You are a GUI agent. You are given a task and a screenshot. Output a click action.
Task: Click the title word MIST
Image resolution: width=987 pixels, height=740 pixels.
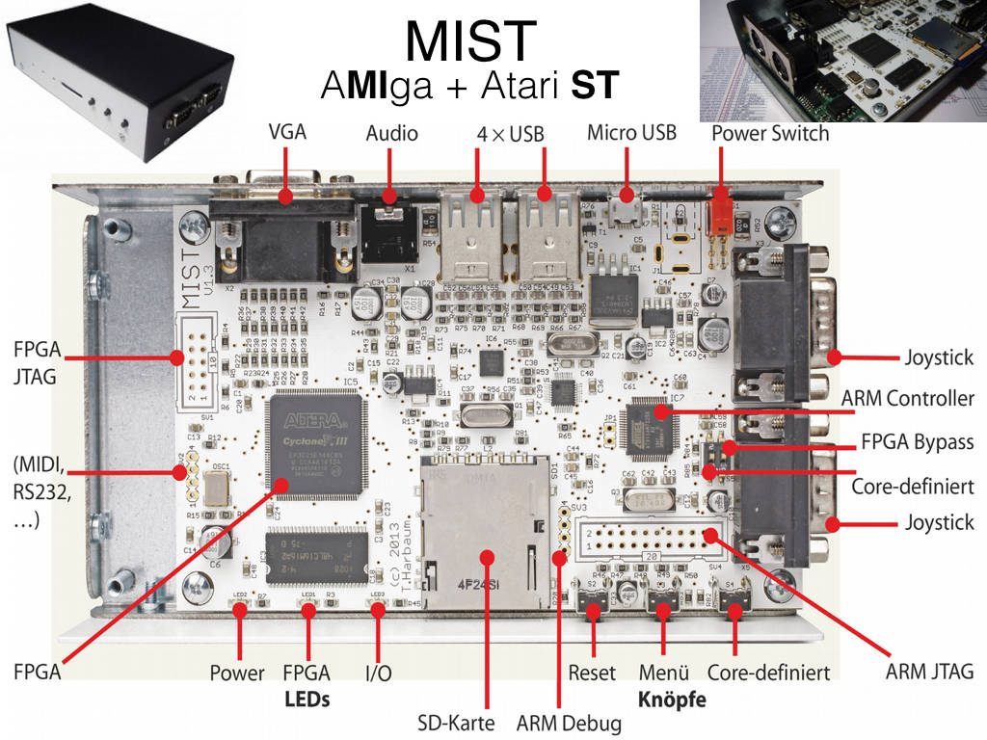tap(470, 40)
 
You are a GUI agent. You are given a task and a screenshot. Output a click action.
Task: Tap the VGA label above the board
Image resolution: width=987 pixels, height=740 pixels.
tap(287, 133)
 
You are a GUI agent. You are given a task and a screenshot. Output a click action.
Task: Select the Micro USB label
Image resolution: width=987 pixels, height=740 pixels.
tap(631, 132)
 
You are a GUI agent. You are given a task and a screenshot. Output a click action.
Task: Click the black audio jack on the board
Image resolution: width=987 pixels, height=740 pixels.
tap(390, 232)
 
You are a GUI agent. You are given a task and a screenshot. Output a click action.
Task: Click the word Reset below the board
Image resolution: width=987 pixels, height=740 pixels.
tap(592, 672)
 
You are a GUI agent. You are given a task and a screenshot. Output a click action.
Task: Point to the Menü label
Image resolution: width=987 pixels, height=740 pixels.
tap(663, 672)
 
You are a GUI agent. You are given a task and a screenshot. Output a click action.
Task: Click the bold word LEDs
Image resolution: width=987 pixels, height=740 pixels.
tap(307, 699)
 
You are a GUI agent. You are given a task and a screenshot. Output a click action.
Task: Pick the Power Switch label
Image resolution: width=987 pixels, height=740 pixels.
tap(770, 133)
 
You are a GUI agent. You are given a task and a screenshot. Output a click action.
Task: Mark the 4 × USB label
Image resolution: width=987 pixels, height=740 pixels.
tap(510, 133)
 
